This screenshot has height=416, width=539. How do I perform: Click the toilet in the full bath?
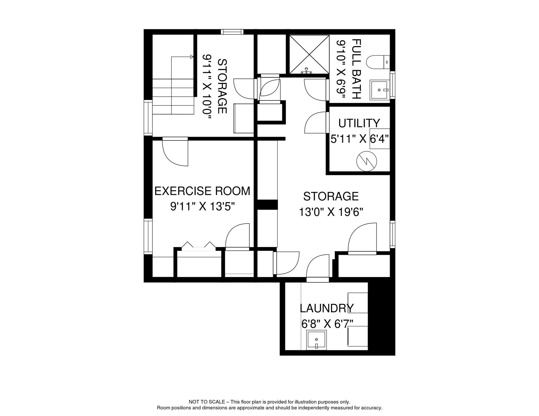point(378,62)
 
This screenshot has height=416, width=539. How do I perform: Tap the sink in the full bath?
point(380,90)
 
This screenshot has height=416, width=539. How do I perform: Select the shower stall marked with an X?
point(309,54)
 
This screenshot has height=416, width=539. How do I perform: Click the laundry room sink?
point(316,340)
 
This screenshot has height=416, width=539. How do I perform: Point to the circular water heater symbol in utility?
point(367,161)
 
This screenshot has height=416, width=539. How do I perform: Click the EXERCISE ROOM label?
point(202,191)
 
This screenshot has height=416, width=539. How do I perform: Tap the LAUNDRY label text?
point(326,308)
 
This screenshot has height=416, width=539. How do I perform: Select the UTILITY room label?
point(359,123)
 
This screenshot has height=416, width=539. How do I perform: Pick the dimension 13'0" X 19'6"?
point(331,212)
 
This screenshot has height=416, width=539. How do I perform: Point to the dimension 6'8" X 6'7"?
point(327,324)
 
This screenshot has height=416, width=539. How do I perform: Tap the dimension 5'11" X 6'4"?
point(360,139)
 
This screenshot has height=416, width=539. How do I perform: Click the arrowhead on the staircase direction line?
point(192,57)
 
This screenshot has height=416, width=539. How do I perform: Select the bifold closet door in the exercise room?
point(198,245)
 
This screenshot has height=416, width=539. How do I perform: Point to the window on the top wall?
point(232,32)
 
